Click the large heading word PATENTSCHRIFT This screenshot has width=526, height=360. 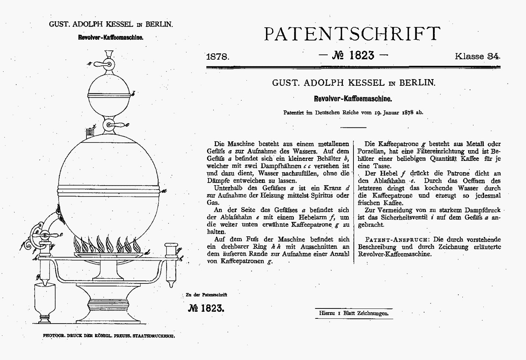(352, 34)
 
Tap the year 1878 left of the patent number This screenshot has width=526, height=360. (218, 57)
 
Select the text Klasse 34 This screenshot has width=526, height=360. (477, 56)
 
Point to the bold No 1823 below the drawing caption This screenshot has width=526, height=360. (206, 308)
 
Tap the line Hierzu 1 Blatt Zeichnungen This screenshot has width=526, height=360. (353, 313)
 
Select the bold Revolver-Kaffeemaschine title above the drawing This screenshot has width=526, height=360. (110, 38)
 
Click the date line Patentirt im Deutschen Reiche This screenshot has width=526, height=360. (353, 113)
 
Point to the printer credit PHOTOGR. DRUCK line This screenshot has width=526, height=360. (109, 336)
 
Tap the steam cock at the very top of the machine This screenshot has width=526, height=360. (107, 64)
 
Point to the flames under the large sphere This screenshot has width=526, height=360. (107, 244)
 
